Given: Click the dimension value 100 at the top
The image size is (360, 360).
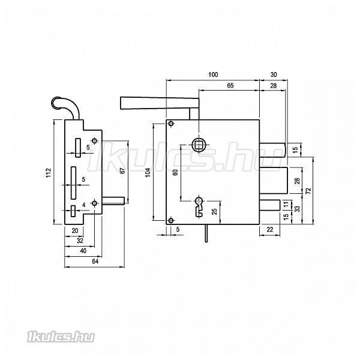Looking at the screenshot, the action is tap(213, 74).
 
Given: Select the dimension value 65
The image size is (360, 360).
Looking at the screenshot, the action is tap(230, 86).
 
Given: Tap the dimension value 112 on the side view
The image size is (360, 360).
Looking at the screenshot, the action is tap(48, 172).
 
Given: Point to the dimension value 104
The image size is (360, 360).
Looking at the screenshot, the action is tap(148, 172).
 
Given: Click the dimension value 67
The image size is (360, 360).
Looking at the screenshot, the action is tap(123, 170).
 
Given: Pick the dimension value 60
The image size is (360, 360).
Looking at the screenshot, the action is tap(175, 172).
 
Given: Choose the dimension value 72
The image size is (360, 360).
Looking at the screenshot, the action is tap(308, 190).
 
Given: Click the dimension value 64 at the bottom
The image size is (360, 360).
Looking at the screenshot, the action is tap(95, 262).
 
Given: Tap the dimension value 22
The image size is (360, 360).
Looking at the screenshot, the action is tap(270, 229).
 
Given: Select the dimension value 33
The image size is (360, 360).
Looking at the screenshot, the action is tap(298, 209).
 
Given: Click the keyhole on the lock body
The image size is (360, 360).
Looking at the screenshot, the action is tap(199, 206).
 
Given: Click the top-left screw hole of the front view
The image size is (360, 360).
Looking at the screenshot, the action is tap(171, 124).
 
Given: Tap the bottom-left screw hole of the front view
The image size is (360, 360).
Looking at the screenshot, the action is tap(171, 221).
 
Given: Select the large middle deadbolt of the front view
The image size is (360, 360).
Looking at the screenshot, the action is tap(274, 181).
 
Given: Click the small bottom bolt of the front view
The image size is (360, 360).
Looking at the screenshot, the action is tap(270, 205).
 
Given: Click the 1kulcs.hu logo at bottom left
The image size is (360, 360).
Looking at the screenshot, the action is tap(61, 337).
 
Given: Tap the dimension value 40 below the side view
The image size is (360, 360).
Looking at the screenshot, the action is tap(83, 251).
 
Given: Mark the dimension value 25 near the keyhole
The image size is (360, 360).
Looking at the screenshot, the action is tap(214, 211).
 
